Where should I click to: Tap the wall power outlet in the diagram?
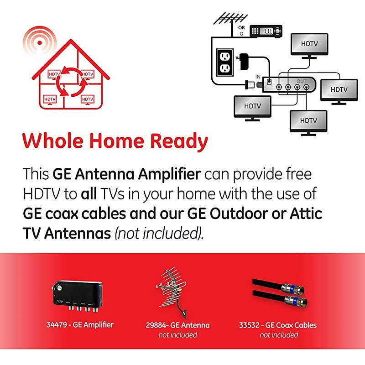click(224, 62)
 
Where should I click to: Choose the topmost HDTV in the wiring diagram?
click(309, 44)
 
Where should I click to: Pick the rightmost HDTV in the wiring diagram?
click(339, 90)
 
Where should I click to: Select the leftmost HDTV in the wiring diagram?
click(252, 106)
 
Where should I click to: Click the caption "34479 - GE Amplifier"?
click(80, 325)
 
